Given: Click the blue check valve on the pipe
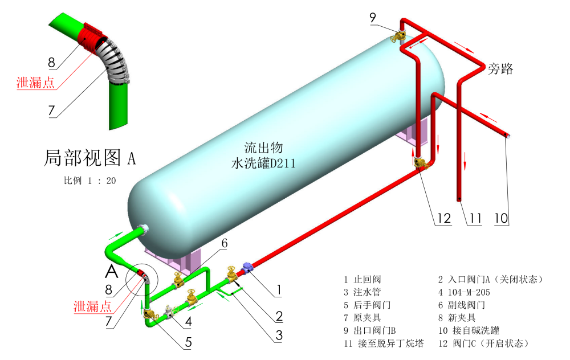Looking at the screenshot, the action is click(247, 268).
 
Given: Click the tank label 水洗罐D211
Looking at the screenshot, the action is click(263, 163).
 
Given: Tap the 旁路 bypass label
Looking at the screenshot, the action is click(500, 69).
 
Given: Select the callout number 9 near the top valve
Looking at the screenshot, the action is click(373, 18).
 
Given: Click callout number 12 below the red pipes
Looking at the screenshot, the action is click(444, 218).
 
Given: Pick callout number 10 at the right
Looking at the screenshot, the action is click(501, 218).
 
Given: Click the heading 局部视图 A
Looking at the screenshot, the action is click(90, 158).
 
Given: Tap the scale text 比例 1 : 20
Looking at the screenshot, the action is click(90, 181).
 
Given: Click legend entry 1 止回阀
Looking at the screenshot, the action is click(363, 279).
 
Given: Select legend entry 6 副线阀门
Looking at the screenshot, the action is click(461, 305).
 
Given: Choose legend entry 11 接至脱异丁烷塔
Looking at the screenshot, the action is click(384, 343).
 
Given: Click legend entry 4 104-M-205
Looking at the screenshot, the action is click(464, 292).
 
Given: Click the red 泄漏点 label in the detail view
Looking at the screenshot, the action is click(35, 83).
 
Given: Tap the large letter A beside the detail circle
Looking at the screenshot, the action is click(112, 271).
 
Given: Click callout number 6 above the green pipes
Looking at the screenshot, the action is click(224, 243).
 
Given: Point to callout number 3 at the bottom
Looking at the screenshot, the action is click(279, 336).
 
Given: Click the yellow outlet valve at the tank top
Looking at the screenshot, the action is click(398, 36).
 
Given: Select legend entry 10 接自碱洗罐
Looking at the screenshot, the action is click(469, 330).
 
